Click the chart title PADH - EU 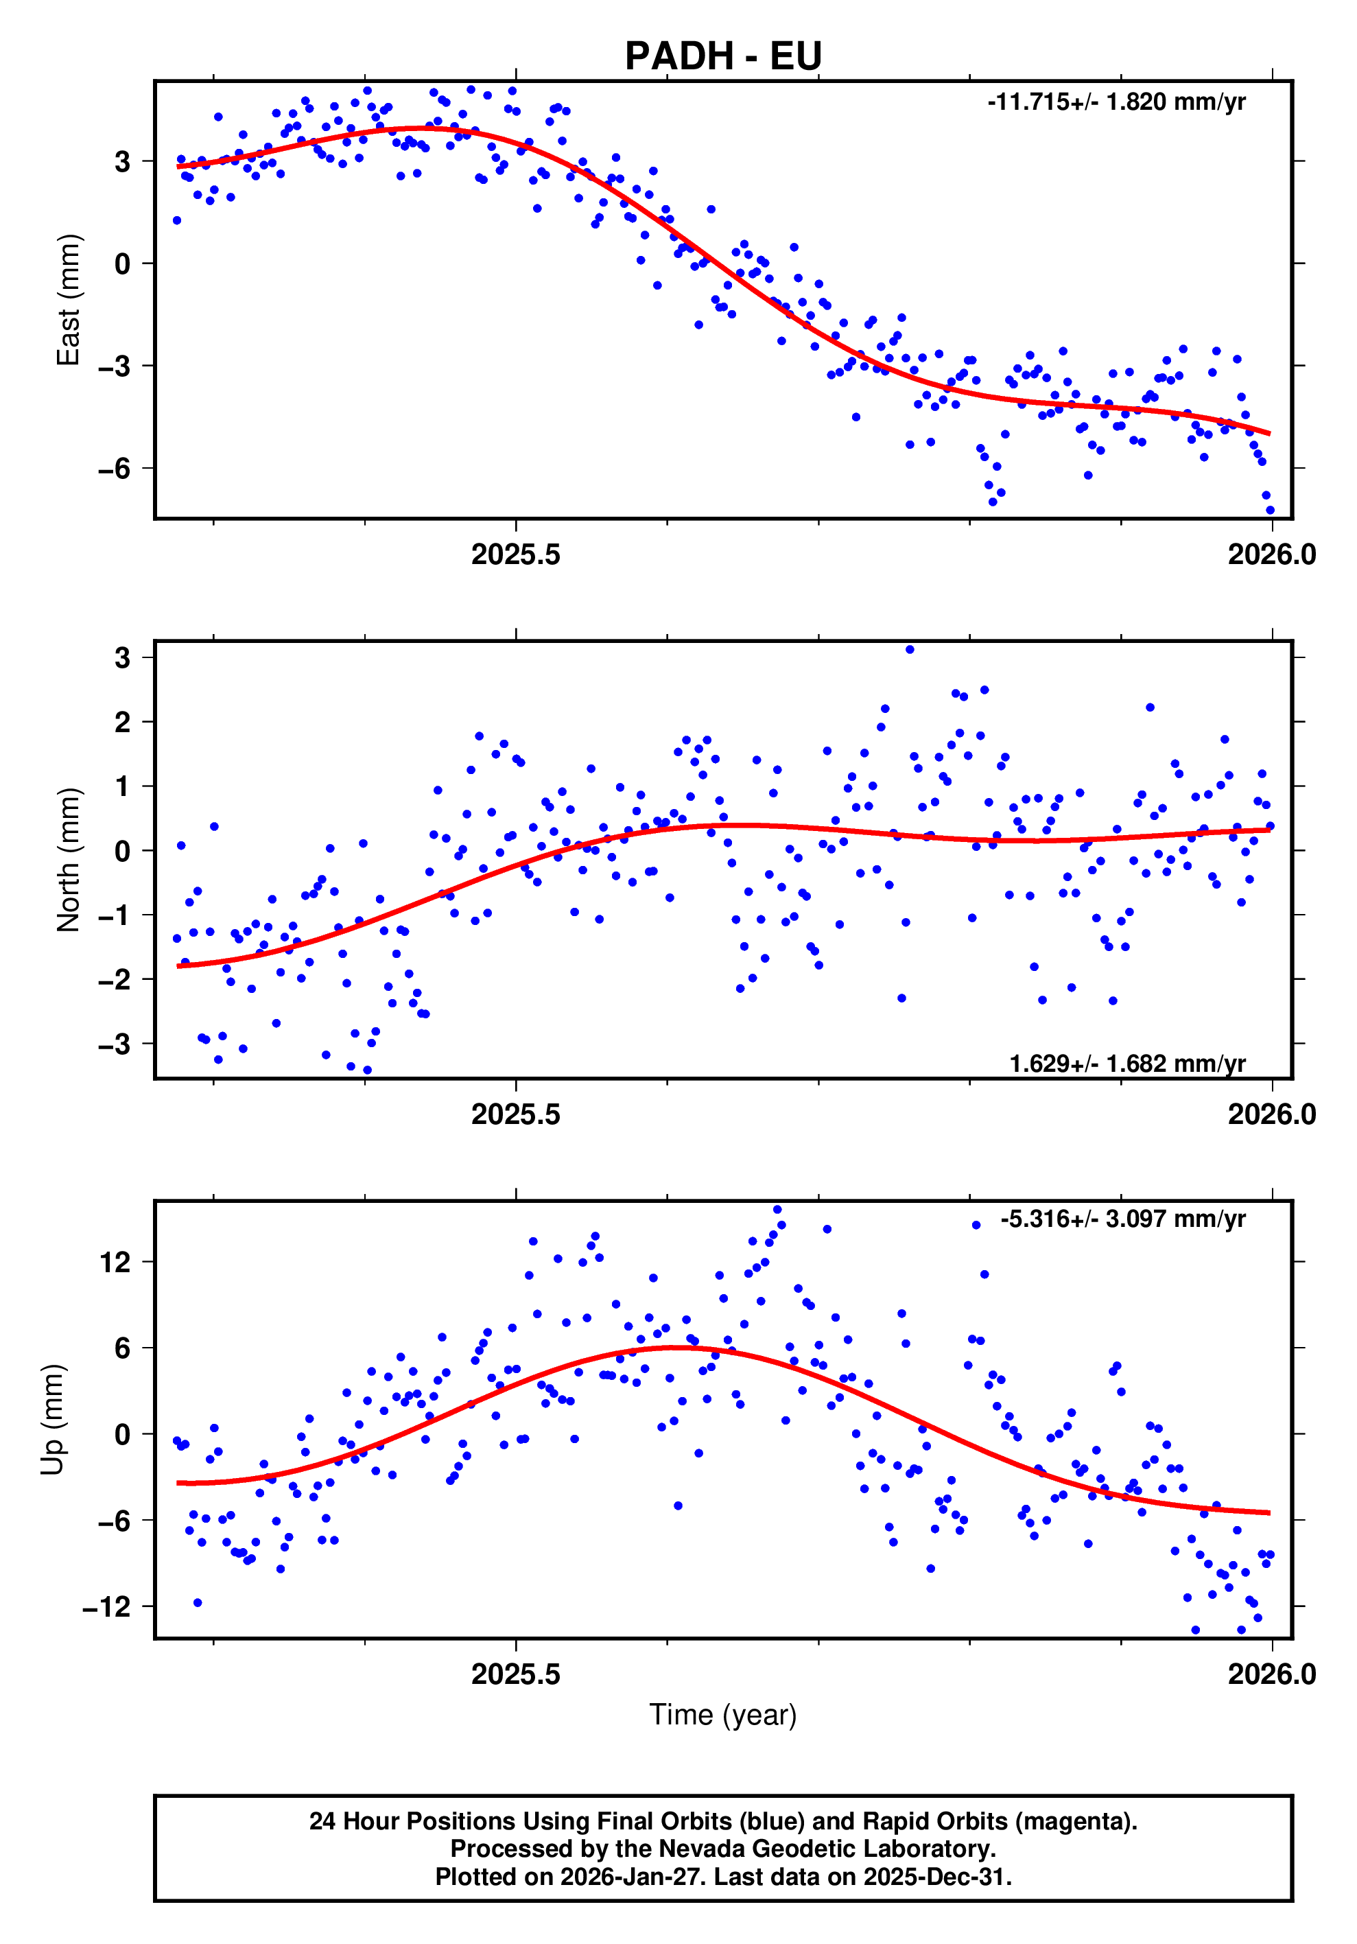pos(723,56)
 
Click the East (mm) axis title pos(68,300)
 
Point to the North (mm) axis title pos(68,860)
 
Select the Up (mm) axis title pos(53,1420)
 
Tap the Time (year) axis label pos(723,1715)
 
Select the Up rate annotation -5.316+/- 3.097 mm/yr pos(1122,1219)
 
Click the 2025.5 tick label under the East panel pos(515,554)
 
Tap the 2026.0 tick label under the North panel pos(1271,1114)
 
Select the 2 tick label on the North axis pos(123,723)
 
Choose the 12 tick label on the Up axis pos(115,1263)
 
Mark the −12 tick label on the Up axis pos(106,1606)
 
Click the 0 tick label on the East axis pos(123,264)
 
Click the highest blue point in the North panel pos(909,649)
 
